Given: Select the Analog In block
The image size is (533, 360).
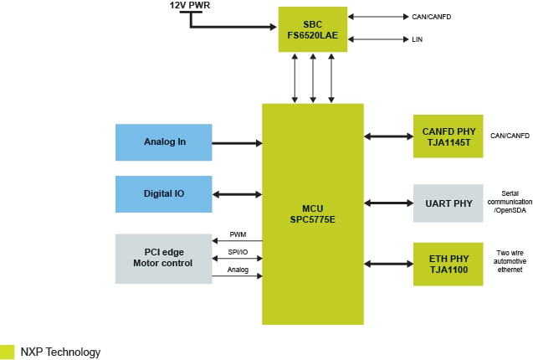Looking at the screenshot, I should tap(164, 141).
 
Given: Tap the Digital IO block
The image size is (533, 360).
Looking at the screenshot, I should tap(164, 193).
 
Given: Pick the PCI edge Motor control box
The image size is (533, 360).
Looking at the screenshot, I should tap(164, 258).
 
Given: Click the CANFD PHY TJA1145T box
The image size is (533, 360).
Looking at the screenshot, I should tap(448, 136).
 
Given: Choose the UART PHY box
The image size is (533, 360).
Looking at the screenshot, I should tap(448, 203).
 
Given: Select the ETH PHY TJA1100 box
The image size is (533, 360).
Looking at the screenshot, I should tap(448, 264).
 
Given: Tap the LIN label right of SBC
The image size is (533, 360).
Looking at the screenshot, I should tap(417, 39).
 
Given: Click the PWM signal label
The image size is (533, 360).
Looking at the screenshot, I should tap(238, 234).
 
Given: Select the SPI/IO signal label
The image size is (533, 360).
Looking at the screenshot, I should tap(238, 251).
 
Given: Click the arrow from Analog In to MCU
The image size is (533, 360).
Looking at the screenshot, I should tap(238, 142).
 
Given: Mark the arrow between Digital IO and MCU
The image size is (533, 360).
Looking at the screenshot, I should tap(238, 194).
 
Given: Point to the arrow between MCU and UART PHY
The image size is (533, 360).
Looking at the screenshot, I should tap(388, 203).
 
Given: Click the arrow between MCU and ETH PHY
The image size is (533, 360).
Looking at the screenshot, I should tap(388, 264).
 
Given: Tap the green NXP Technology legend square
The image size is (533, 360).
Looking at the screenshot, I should tap(8, 352).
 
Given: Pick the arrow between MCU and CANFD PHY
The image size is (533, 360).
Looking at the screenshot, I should tap(388, 136).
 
